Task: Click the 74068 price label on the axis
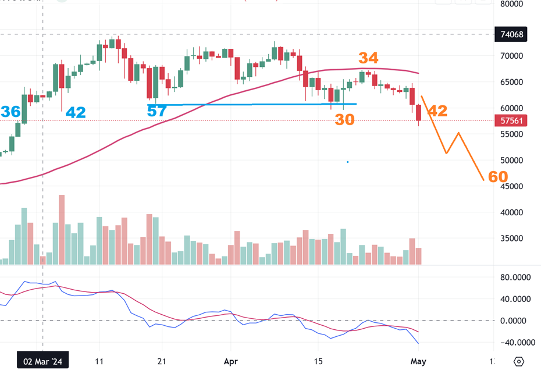(512, 34)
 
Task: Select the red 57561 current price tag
(512, 120)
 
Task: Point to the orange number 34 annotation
(368, 58)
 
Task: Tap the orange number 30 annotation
(344, 120)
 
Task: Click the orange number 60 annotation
(498, 177)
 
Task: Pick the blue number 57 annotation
(157, 111)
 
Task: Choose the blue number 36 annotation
(10, 112)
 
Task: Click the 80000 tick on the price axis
(512, 4)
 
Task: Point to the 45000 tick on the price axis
(512, 186)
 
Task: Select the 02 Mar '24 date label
(43, 361)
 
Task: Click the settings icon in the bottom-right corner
(519, 361)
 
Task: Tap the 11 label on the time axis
(100, 361)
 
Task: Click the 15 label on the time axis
(318, 361)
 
